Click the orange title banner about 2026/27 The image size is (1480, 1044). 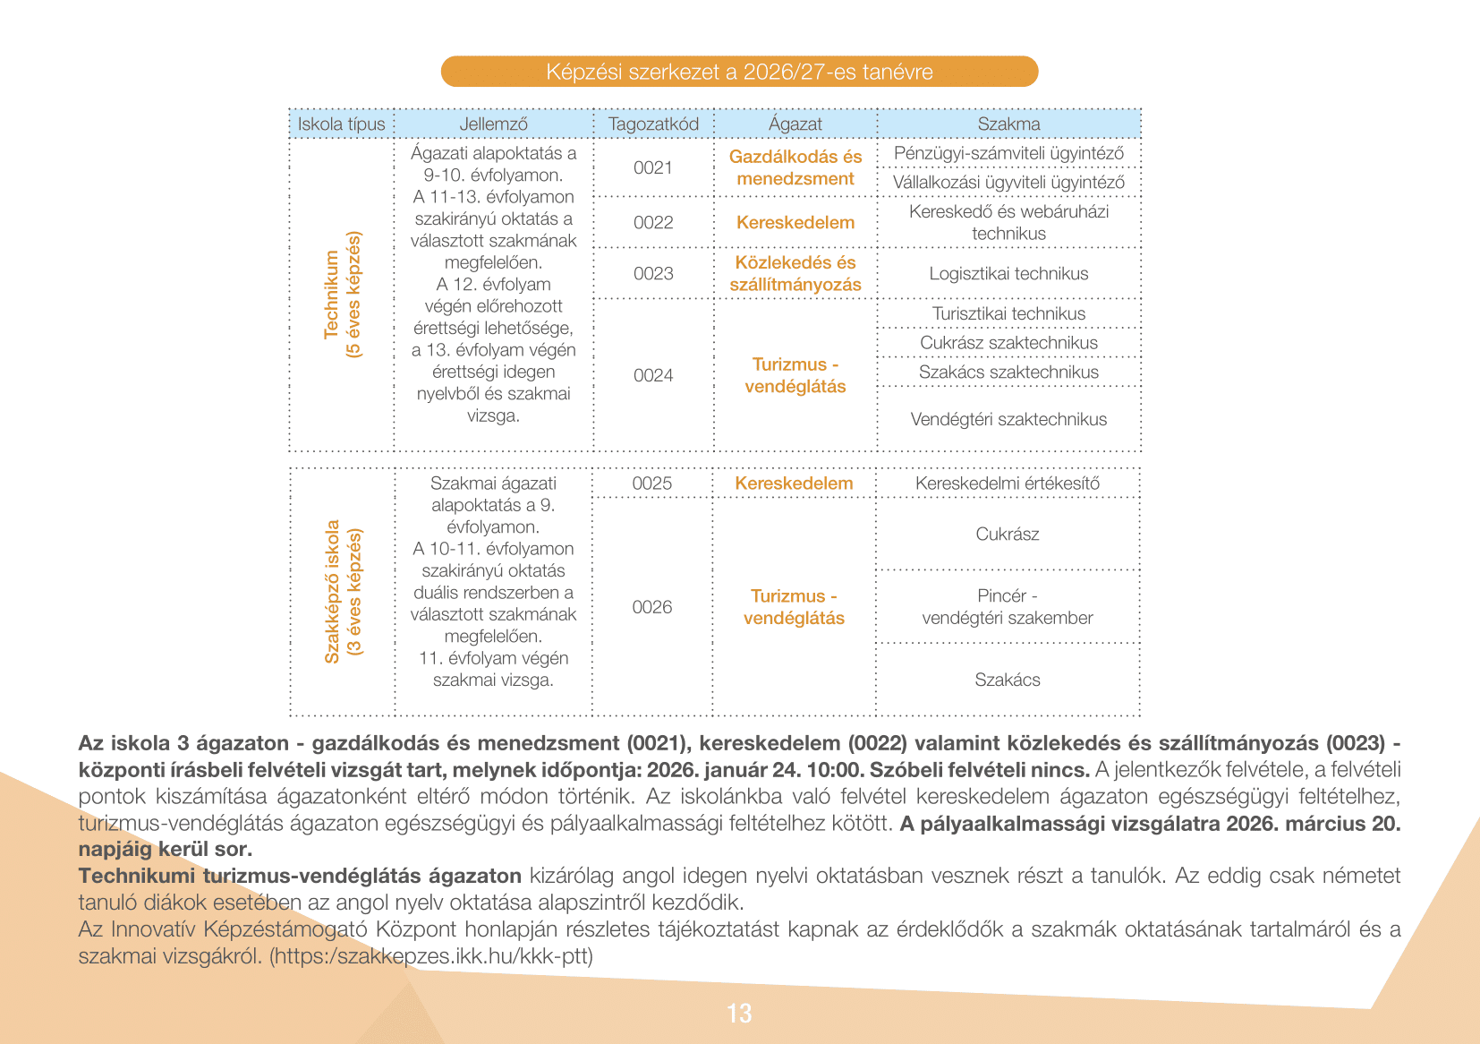coord(739,72)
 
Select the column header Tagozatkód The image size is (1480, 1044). coord(653,124)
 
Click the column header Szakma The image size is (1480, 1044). coord(1008,124)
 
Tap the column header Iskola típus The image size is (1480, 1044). coord(341,124)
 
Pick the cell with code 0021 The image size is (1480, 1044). coord(653,167)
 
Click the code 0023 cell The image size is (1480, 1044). coord(653,273)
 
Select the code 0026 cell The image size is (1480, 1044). coord(652,607)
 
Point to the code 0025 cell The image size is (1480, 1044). coord(652,483)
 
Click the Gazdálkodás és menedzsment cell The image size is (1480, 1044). coord(795,167)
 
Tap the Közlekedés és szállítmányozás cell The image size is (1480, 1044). coord(795,273)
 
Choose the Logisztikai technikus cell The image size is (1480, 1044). coord(1008,273)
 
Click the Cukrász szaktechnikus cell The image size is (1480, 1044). coord(1008,343)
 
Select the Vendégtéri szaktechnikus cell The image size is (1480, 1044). coord(1008,419)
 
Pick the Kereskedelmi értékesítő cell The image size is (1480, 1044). coord(1008,483)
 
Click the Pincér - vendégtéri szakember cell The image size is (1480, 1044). coord(1008,607)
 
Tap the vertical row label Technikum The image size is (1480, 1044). coord(342,295)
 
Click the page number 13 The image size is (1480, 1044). coord(739,1014)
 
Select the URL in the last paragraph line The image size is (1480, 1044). coord(431,956)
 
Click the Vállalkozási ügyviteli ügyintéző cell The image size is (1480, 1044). coord(1008,183)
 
